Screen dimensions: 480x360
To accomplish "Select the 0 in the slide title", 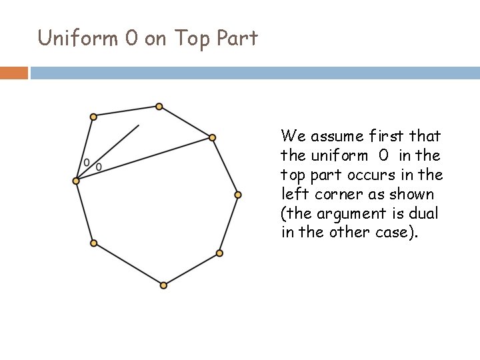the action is click(x=131, y=38).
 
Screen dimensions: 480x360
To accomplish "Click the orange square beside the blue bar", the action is click(x=13, y=72).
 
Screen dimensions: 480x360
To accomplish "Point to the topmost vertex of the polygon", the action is click(x=159, y=107).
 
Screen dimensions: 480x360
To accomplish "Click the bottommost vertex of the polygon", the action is click(x=164, y=285).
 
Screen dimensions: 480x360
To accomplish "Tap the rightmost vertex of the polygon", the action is click(x=238, y=195).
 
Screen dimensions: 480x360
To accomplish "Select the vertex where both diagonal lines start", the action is click(x=77, y=181).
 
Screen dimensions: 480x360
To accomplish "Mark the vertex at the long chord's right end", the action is click(x=212, y=138).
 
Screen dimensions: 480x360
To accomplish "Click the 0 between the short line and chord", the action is click(x=99, y=167).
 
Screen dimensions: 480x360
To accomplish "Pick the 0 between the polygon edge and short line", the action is click(x=86, y=162).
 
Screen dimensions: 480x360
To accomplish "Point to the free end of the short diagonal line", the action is click(x=139, y=125).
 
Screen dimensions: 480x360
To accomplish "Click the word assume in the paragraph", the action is click(x=333, y=137).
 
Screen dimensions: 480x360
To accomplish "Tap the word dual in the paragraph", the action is click(x=422, y=213).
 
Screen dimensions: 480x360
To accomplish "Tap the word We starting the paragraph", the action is click(x=291, y=137).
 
